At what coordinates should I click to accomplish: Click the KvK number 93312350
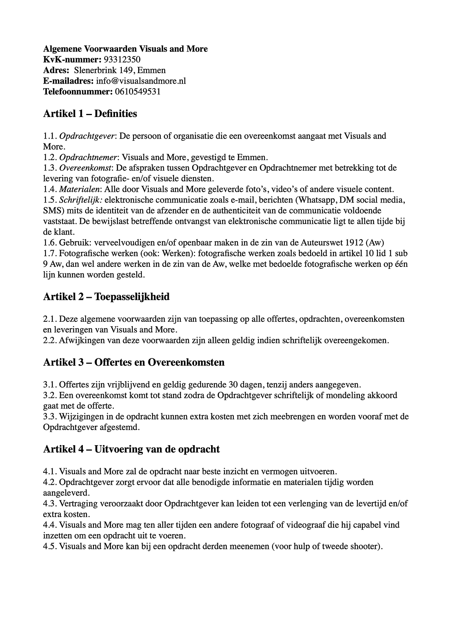[122, 59]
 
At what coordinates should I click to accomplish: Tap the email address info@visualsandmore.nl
[141, 81]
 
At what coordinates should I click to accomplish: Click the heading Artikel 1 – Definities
[90, 114]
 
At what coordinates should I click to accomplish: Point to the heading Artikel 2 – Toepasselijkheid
[106, 297]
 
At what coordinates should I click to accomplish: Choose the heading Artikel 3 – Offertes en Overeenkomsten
[134, 362]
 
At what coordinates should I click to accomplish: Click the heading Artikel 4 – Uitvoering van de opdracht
[131, 449]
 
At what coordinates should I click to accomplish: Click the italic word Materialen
[80, 189]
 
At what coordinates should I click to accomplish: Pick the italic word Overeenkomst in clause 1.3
[86, 168]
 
